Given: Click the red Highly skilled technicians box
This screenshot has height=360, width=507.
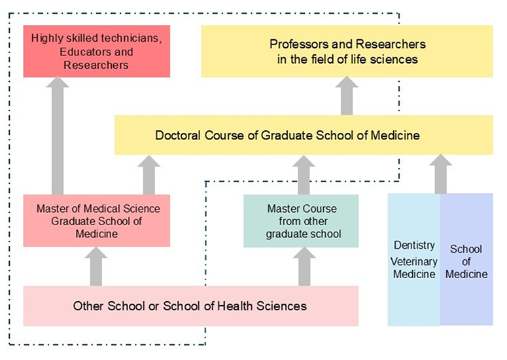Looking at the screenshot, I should click(96, 50).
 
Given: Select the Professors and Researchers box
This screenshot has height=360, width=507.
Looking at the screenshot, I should click(347, 51).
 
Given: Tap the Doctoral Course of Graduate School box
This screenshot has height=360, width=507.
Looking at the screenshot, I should click(304, 135).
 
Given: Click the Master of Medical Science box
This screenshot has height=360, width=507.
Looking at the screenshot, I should click(96, 221).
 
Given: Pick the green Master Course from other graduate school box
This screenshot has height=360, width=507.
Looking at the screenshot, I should click(301, 221).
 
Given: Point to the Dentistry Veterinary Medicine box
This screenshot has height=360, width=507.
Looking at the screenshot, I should click(413, 259).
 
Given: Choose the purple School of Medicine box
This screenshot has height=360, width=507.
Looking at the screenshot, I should click(466, 259).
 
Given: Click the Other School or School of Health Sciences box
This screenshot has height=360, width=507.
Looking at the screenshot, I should click(190, 306).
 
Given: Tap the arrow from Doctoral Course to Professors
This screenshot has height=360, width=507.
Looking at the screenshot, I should click(347, 96).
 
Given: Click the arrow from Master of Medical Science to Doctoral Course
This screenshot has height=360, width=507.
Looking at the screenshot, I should click(150, 175).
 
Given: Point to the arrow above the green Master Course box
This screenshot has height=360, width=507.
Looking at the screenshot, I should click(303, 175).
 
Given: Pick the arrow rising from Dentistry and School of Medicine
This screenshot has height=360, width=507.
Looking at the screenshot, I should click(441, 174).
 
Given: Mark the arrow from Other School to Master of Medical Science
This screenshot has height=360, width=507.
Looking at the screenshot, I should click(96, 266).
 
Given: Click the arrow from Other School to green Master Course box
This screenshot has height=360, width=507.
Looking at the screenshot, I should click(303, 267).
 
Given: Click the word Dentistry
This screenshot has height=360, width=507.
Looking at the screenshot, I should click(414, 245).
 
